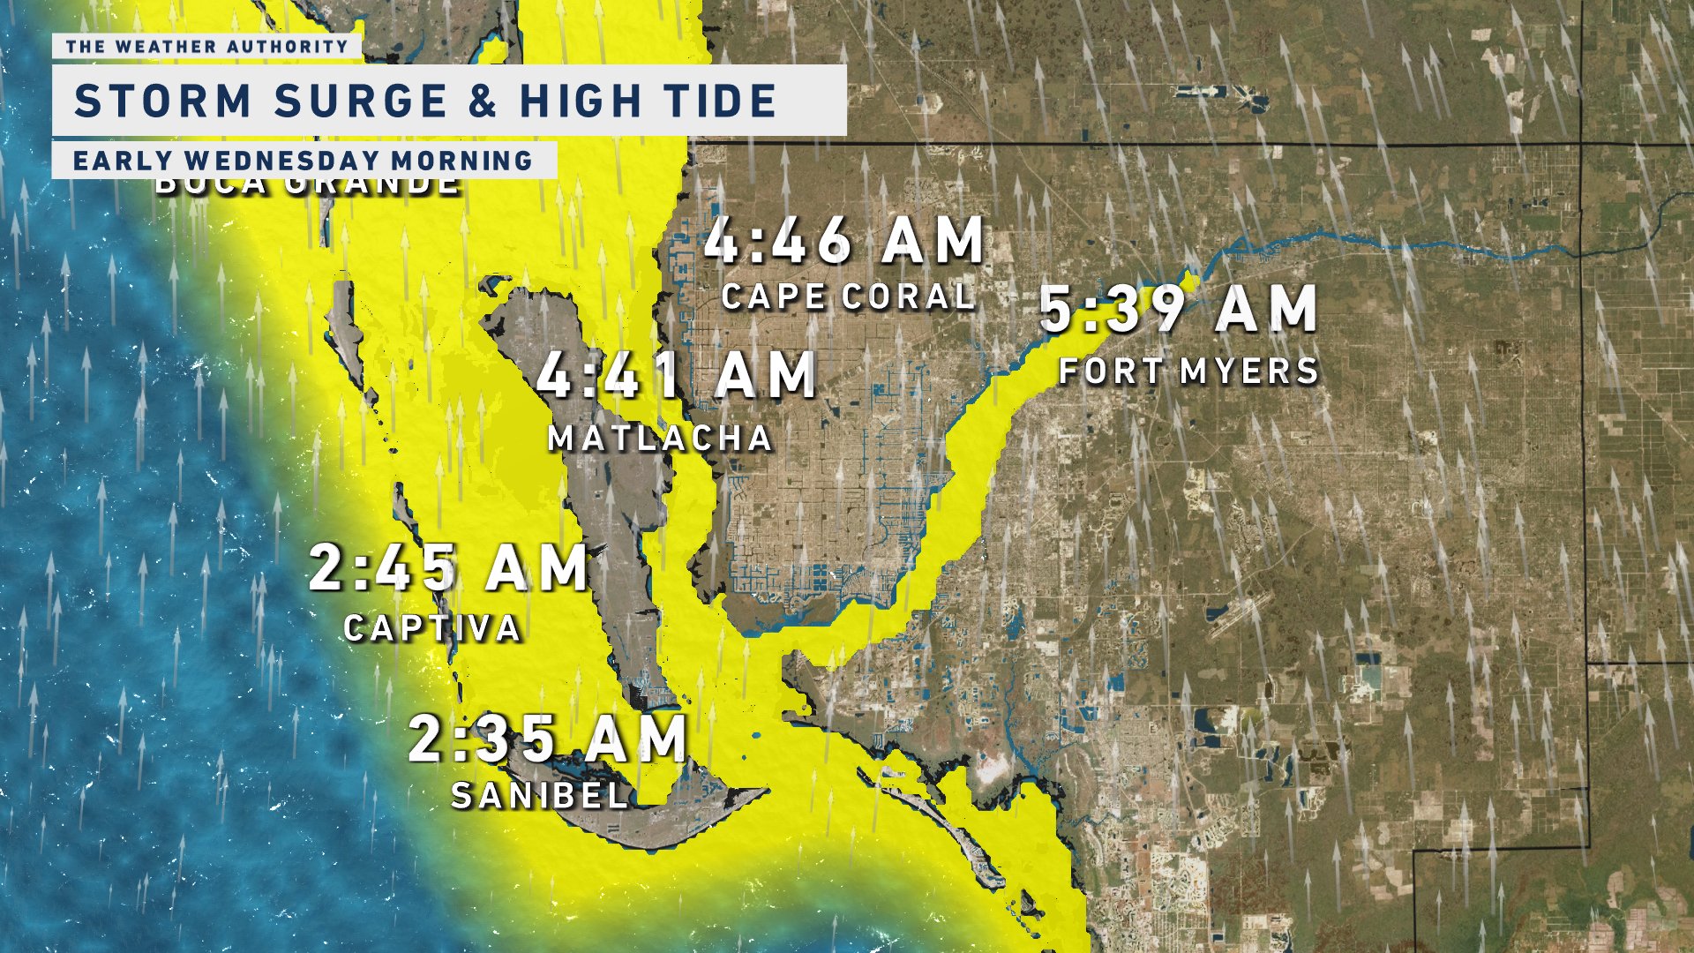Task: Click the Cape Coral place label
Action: pyautogui.click(x=848, y=296)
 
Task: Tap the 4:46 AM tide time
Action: pyautogui.click(x=843, y=240)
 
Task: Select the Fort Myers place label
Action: pyautogui.click(x=1188, y=371)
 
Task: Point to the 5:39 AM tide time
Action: pyautogui.click(x=1179, y=310)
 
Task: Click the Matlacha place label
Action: pyautogui.click(x=660, y=439)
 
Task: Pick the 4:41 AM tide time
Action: pyautogui.click(x=676, y=375)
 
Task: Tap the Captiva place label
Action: pyautogui.click(x=432, y=628)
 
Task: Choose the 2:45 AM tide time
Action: pyautogui.click(x=448, y=567)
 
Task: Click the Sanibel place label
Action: pyautogui.click(x=540, y=796)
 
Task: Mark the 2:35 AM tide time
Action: pyautogui.click(x=547, y=739)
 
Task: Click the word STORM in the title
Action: pyautogui.click(x=162, y=101)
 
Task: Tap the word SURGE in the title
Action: pyautogui.click(x=360, y=101)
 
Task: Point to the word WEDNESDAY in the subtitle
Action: pyautogui.click(x=280, y=161)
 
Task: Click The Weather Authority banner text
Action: pyautogui.click(x=206, y=46)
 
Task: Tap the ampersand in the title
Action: pyautogui.click(x=483, y=101)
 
